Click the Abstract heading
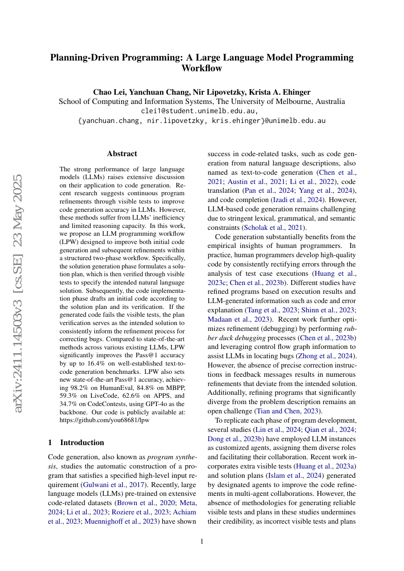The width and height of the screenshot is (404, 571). [x=122, y=154]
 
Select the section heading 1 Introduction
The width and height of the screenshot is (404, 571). [x=76, y=443]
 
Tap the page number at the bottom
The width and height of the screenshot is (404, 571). [x=202, y=541]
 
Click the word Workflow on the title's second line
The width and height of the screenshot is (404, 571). [x=202, y=68]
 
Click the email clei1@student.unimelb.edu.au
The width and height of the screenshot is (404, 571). [x=202, y=111]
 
